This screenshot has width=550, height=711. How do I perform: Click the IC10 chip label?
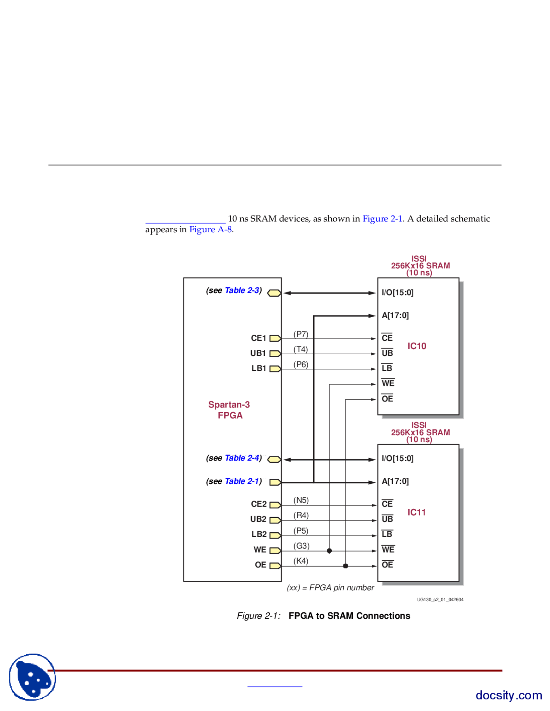point(416,346)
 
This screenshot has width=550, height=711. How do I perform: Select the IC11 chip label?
point(416,512)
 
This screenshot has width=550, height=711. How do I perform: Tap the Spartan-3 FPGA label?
point(229,410)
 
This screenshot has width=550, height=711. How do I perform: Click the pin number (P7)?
point(301,334)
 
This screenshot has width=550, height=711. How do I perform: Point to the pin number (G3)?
point(301,546)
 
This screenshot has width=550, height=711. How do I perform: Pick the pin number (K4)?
point(301,561)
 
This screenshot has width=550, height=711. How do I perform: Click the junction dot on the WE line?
point(330,551)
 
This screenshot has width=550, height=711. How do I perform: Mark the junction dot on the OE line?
point(345,566)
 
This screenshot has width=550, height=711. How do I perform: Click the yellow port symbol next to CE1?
point(275,338)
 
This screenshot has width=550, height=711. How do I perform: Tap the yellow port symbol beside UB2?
point(275,520)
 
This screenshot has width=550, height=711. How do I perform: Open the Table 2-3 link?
point(242,291)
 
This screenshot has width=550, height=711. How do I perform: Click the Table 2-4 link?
point(242,458)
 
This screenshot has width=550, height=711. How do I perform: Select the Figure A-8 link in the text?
point(211,229)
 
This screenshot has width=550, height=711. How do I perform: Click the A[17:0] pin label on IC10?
point(395,316)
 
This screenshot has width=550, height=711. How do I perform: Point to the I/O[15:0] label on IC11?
point(397,459)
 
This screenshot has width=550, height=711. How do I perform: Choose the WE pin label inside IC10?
point(388,383)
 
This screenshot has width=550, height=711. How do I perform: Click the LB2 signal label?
point(259,534)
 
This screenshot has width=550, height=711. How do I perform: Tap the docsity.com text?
point(508,695)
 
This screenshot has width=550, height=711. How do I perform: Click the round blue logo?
point(33,677)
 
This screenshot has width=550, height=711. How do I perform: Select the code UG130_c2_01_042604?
point(440,599)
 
